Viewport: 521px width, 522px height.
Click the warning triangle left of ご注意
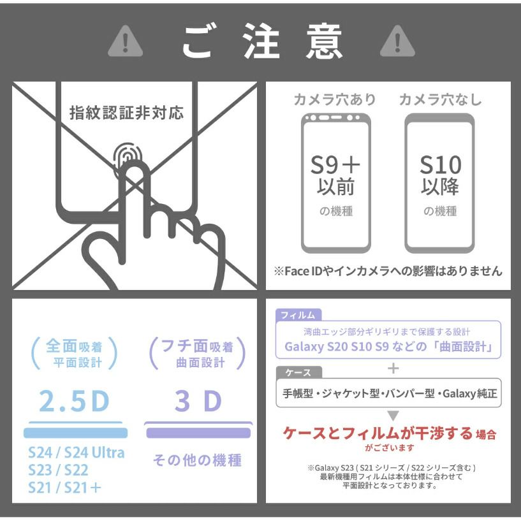125,41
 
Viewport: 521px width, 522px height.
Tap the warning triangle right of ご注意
397,41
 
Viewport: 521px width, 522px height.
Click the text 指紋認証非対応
126,113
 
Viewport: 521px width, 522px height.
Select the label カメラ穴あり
335,99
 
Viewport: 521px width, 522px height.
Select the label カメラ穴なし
440,99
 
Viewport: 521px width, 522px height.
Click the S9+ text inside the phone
335,165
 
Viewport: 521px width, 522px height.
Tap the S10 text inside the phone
441,165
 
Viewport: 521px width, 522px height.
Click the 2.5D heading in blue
74,401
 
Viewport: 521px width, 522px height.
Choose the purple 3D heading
198,401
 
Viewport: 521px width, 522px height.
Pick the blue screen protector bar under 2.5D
76,432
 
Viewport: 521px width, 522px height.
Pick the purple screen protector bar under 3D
198,432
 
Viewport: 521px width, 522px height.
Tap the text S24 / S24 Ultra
77,453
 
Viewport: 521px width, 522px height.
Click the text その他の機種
197,460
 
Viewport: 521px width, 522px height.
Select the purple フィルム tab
298,315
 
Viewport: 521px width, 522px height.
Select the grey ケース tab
299,372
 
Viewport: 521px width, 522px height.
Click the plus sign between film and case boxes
393,368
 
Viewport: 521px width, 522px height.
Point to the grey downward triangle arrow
393,415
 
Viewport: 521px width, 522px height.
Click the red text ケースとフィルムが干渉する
378,433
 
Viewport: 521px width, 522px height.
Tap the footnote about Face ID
388,271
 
